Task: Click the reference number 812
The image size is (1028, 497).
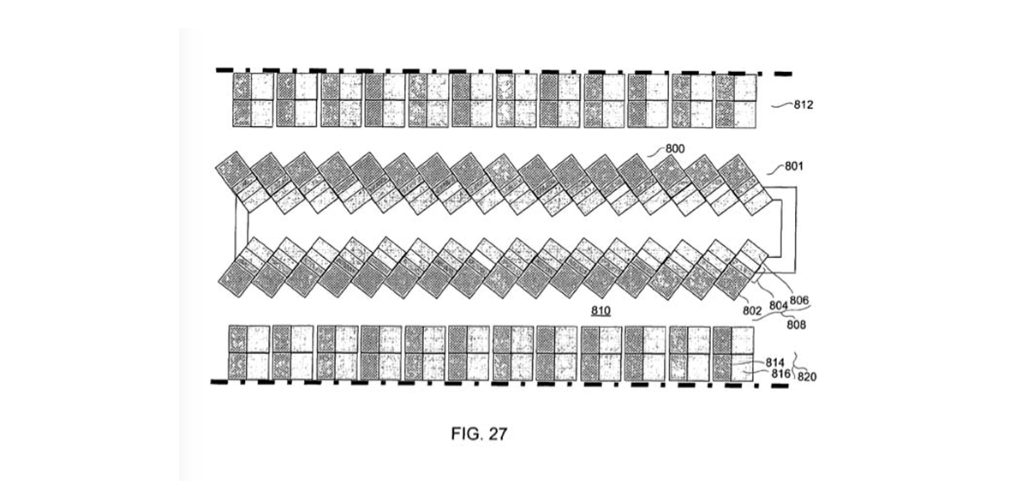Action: [x=804, y=105]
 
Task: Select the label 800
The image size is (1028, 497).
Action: [x=675, y=149]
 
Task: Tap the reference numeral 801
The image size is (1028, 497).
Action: [x=794, y=166]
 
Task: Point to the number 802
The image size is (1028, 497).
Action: [x=752, y=311]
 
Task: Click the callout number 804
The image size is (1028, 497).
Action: [x=779, y=306]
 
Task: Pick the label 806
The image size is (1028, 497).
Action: [x=799, y=301]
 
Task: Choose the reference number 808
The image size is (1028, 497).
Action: [x=796, y=325]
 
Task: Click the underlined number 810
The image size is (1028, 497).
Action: [x=601, y=311]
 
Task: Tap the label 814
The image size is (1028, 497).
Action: [x=775, y=363]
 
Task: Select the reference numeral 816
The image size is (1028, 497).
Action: [x=780, y=374]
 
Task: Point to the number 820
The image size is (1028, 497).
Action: [x=807, y=377]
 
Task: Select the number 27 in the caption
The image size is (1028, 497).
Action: [x=498, y=434]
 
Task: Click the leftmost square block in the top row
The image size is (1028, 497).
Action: [x=253, y=100]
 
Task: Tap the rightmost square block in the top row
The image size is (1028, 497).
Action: [x=736, y=101]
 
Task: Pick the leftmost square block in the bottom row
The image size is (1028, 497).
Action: [x=249, y=353]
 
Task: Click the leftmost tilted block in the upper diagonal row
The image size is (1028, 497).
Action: [x=242, y=182]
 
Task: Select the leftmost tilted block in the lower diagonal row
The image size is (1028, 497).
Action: [x=243, y=267]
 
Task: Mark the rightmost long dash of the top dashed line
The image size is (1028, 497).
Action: [x=783, y=74]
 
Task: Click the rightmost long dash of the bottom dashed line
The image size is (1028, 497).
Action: [x=780, y=386]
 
